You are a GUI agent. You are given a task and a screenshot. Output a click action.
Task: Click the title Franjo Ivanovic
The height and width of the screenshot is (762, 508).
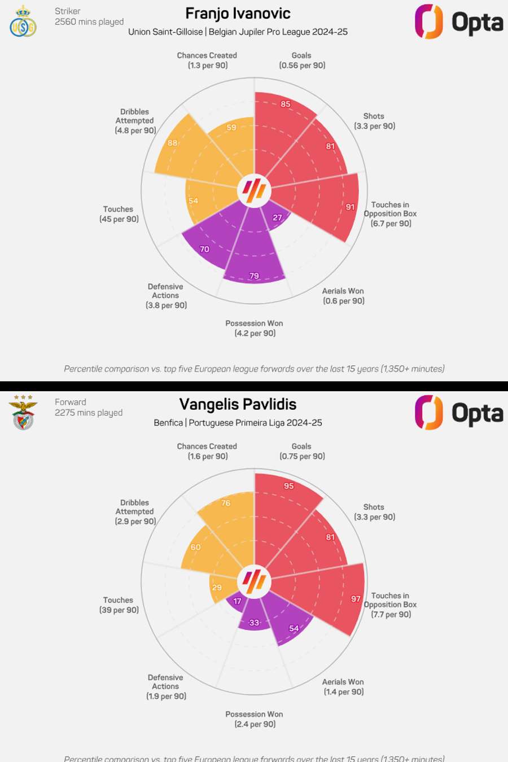point(238,14)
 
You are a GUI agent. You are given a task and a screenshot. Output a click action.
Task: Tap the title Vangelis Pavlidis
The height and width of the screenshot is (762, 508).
point(238,404)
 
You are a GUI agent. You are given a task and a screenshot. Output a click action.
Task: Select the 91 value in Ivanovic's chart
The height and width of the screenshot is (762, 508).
point(351,207)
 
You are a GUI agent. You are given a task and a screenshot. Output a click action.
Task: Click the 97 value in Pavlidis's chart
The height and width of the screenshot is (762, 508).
point(356,599)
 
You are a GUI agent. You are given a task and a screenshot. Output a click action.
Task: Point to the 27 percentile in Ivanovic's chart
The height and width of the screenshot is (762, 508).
point(278,217)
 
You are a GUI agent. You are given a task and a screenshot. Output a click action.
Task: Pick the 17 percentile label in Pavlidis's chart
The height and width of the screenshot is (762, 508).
point(238,601)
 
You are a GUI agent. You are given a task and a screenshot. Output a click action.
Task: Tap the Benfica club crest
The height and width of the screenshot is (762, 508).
point(23,413)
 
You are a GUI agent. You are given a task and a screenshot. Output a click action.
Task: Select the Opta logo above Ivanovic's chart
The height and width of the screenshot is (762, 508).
point(459,22)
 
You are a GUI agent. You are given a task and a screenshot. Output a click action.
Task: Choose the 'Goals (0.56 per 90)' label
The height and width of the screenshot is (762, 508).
point(302,60)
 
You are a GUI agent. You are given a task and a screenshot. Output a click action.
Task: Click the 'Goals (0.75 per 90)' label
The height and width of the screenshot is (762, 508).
point(302,452)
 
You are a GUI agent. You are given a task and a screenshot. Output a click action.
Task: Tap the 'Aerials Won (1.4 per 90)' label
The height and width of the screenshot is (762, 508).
point(343,687)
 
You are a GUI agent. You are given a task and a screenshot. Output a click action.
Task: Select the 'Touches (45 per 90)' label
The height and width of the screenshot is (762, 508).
point(119,214)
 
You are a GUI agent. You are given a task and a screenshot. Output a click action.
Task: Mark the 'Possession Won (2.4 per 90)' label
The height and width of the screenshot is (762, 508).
point(255,719)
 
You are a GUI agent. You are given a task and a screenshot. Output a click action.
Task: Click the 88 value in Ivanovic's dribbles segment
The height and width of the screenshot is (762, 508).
point(173,143)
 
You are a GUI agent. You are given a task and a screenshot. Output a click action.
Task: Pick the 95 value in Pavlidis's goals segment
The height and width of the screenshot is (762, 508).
point(289,486)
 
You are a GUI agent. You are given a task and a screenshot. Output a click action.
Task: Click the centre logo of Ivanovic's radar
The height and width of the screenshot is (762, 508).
point(254,190)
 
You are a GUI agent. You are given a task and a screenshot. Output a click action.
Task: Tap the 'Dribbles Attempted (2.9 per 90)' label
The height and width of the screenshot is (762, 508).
point(135,512)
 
